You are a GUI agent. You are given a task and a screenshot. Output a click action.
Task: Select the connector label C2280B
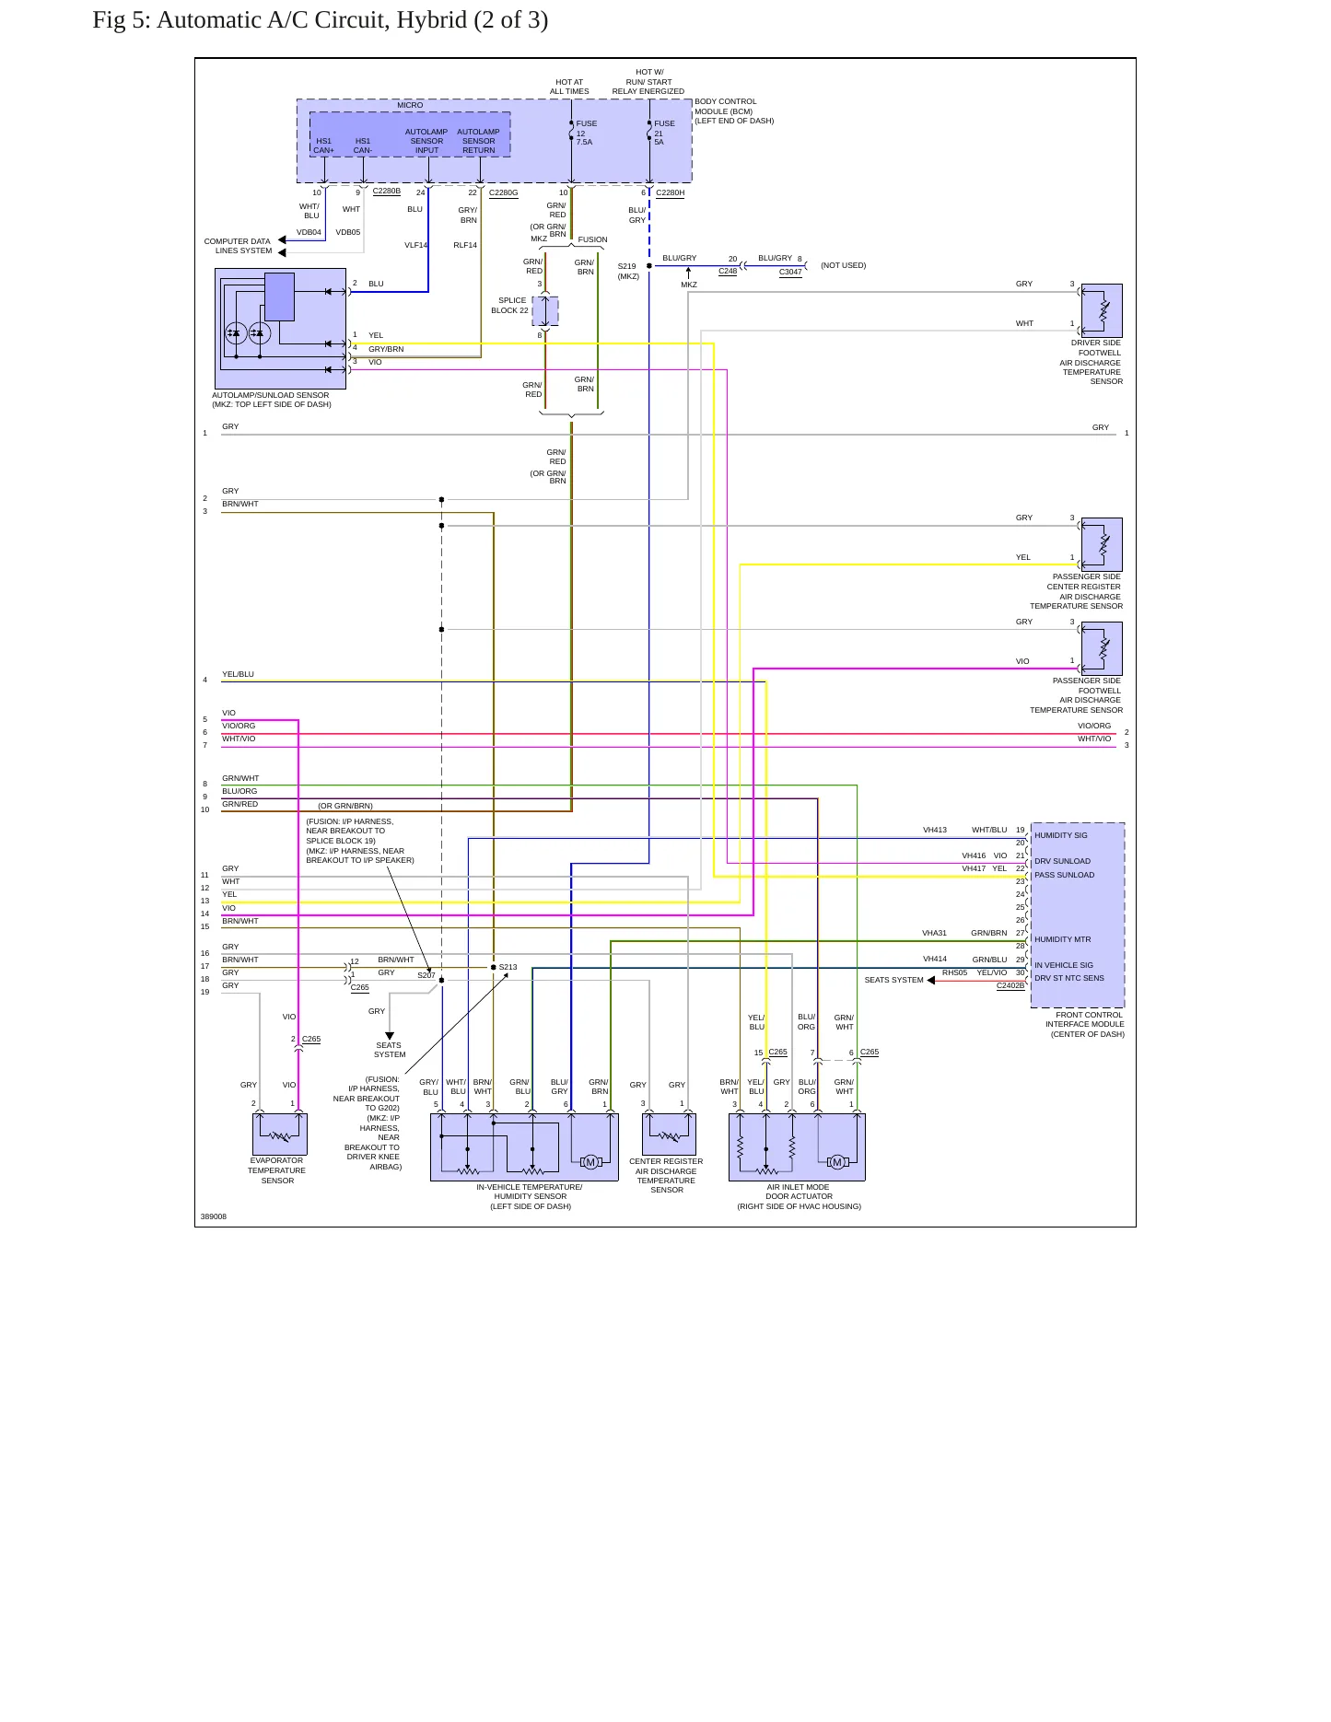pyautogui.click(x=386, y=192)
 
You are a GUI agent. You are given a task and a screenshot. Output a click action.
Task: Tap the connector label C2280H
pyautogui.click(x=670, y=193)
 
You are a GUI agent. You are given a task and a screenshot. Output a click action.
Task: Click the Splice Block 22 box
pyautogui.click(x=545, y=311)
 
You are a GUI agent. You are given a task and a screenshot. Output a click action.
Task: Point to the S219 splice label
pyautogui.click(x=626, y=267)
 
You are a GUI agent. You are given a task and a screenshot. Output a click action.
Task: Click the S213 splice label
pyautogui.click(x=508, y=967)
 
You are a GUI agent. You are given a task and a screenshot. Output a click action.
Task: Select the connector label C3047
pyautogui.click(x=790, y=273)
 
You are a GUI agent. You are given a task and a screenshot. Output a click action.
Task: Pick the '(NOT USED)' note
pyautogui.click(x=843, y=265)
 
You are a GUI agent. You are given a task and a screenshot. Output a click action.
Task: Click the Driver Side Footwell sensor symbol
pyautogui.click(x=1102, y=311)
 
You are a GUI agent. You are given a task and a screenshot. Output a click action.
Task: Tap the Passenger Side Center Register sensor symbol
pyautogui.click(x=1102, y=545)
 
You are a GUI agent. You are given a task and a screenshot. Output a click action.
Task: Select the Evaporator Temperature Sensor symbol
pyautogui.click(x=279, y=1134)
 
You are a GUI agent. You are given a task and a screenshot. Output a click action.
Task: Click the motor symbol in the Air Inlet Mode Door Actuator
pyautogui.click(x=836, y=1162)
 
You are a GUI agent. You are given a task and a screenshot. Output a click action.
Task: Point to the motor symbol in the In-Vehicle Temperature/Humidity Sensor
pyautogui.click(x=591, y=1162)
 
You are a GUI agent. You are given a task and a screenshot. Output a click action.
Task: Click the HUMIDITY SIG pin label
pyautogui.click(x=1060, y=835)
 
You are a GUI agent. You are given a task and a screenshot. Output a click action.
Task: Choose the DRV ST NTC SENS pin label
pyautogui.click(x=1068, y=978)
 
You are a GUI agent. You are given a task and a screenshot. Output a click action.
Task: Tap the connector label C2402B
pyautogui.click(x=1010, y=986)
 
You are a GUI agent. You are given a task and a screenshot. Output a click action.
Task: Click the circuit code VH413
pyautogui.click(x=934, y=830)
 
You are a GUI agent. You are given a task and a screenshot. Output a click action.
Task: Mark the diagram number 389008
pyautogui.click(x=213, y=1216)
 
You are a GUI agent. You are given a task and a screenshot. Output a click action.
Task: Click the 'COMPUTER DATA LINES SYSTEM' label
pyautogui.click(x=238, y=246)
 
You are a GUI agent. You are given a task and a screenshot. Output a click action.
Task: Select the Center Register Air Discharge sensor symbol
pyautogui.click(x=669, y=1134)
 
